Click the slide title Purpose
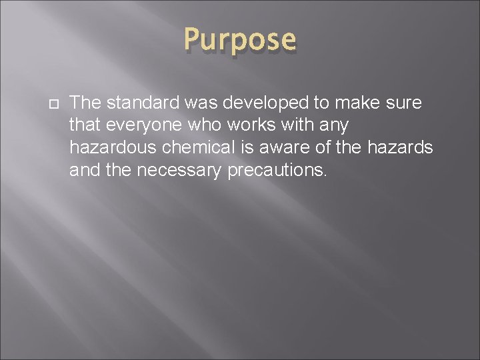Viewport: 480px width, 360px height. [x=240, y=40]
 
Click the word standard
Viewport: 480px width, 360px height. [x=141, y=103]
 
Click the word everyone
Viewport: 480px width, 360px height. [x=139, y=125]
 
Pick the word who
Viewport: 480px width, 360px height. [x=197, y=125]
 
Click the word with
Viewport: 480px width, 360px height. [x=291, y=125]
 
